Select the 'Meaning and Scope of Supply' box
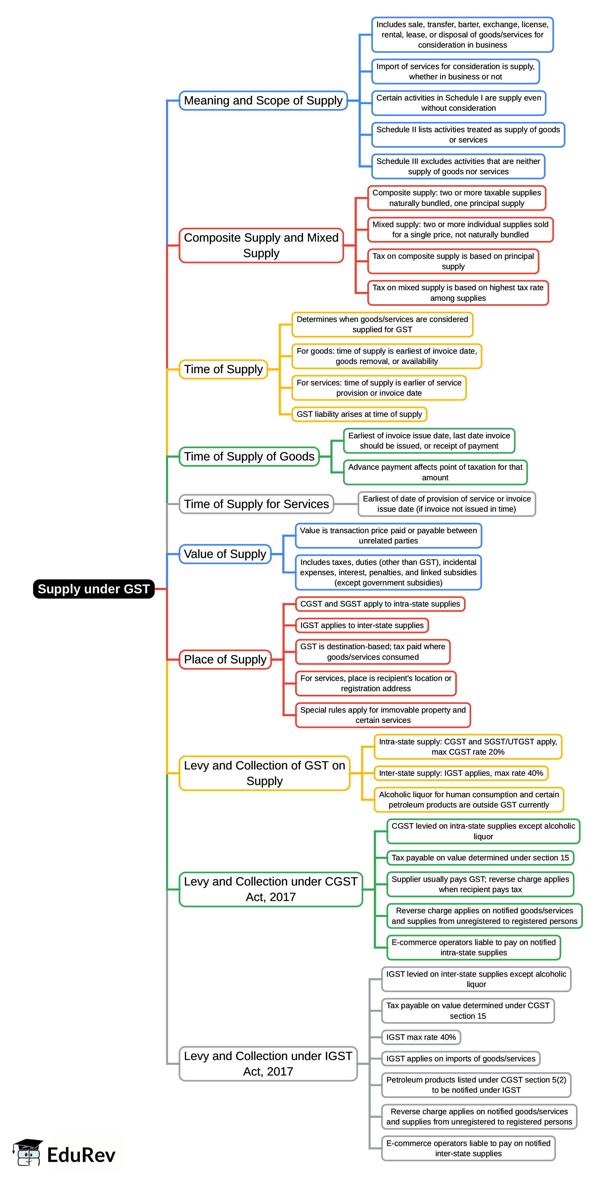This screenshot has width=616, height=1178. [x=263, y=100]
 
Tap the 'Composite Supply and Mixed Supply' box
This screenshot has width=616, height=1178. [x=261, y=246]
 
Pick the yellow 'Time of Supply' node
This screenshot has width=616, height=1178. [x=223, y=369]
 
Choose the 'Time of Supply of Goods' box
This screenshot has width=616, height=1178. [x=249, y=456]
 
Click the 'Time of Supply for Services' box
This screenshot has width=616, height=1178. [x=256, y=504]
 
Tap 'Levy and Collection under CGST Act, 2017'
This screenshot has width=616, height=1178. [x=271, y=889]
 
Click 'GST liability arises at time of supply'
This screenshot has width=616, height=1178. [x=359, y=414]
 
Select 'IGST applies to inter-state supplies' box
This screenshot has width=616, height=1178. [x=362, y=625]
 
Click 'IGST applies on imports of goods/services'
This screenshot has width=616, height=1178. [x=461, y=1059]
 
